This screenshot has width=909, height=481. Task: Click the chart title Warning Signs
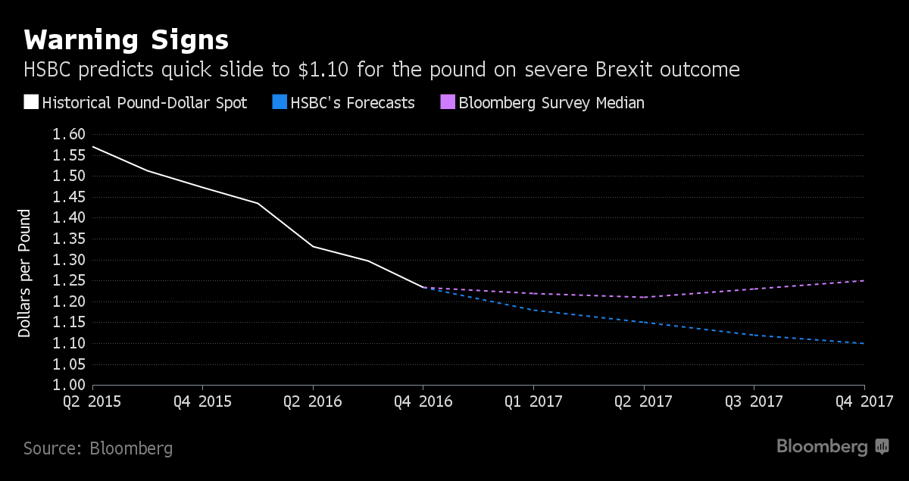(126, 39)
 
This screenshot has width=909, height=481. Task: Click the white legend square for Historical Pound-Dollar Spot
(31, 103)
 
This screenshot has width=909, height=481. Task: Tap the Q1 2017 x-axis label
(533, 401)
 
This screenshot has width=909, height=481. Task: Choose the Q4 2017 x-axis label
(869, 401)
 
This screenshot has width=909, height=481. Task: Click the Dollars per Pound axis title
(25, 273)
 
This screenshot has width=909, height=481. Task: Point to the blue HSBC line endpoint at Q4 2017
(864, 343)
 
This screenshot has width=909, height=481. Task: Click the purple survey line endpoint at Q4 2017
(864, 281)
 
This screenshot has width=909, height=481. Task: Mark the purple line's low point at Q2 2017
(644, 297)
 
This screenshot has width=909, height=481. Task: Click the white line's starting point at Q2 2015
(93, 147)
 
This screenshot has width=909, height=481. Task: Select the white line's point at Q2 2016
(313, 246)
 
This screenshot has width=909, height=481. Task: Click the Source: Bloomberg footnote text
(98, 448)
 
